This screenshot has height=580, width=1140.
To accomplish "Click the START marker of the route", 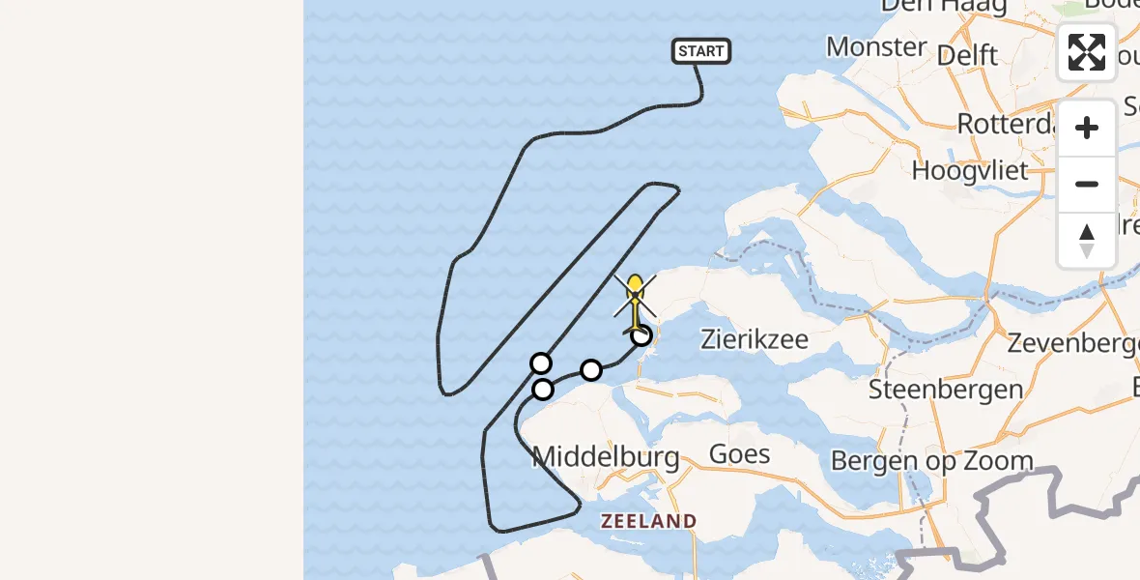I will click(701, 51).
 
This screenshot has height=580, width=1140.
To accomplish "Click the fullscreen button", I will click(1087, 52).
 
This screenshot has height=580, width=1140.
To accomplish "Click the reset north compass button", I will click(1087, 241).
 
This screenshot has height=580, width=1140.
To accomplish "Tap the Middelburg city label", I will click(606, 457).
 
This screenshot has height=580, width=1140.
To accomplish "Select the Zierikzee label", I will click(756, 340).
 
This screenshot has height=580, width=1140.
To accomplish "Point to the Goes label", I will click(739, 453).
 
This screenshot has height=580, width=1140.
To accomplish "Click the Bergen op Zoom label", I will click(932, 461).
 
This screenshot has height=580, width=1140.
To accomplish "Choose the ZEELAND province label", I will click(648, 521).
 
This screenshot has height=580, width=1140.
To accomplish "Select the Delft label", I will click(968, 55).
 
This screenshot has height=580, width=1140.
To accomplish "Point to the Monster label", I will click(876, 46).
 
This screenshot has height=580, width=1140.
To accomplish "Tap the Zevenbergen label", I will click(1070, 343).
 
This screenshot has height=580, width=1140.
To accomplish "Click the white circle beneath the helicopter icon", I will click(641, 335).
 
